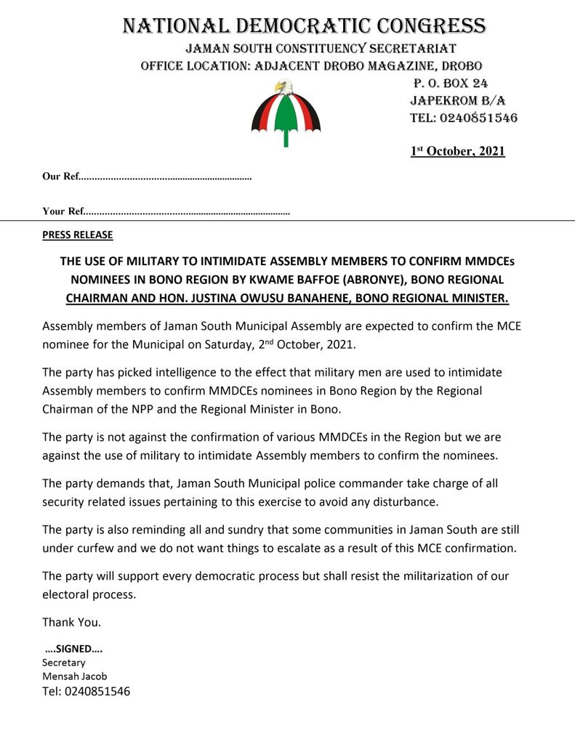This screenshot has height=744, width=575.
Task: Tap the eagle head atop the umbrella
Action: [283, 88]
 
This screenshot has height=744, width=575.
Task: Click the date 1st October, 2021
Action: [457, 151]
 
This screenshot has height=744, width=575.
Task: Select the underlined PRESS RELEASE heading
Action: [78, 235]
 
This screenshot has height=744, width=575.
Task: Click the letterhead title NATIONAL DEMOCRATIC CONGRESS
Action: [304, 26]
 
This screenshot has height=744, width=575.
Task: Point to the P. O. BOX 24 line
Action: [451, 84]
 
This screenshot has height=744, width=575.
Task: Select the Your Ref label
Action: [63, 211]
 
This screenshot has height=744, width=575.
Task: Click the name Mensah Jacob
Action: [74, 676]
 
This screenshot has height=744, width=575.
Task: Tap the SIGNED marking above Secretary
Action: [73, 649]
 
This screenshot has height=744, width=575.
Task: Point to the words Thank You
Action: [71, 622]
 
